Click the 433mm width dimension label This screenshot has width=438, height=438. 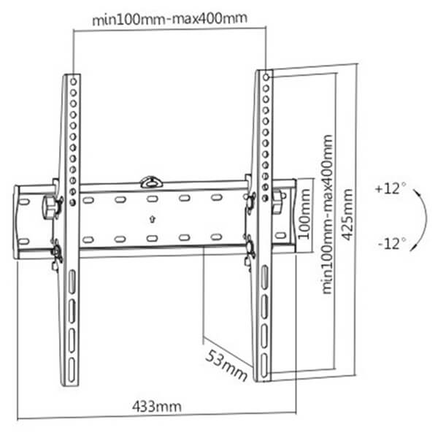(x=157, y=406)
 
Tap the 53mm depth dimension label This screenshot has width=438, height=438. (x=227, y=366)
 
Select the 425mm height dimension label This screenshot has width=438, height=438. (x=348, y=215)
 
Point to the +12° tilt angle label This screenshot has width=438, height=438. (x=391, y=188)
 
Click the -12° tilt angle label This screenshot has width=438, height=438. (x=392, y=243)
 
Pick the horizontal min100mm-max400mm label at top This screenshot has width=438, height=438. (x=170, y=19)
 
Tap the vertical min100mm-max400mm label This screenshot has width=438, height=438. (x=327, y=214)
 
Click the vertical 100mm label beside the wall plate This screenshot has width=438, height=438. (x=304, y=214)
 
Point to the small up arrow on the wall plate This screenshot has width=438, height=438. (x=152, y=219)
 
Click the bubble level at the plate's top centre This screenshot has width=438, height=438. (x=151, y=182)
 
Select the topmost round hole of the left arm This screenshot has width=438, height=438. (x=73, y=82)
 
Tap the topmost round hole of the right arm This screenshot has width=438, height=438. (x=266, y=77)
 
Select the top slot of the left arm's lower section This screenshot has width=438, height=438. (x=72, y=282)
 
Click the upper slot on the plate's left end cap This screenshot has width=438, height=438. (x=24, y=201)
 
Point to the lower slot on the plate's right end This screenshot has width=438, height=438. (x=280, y=235)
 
